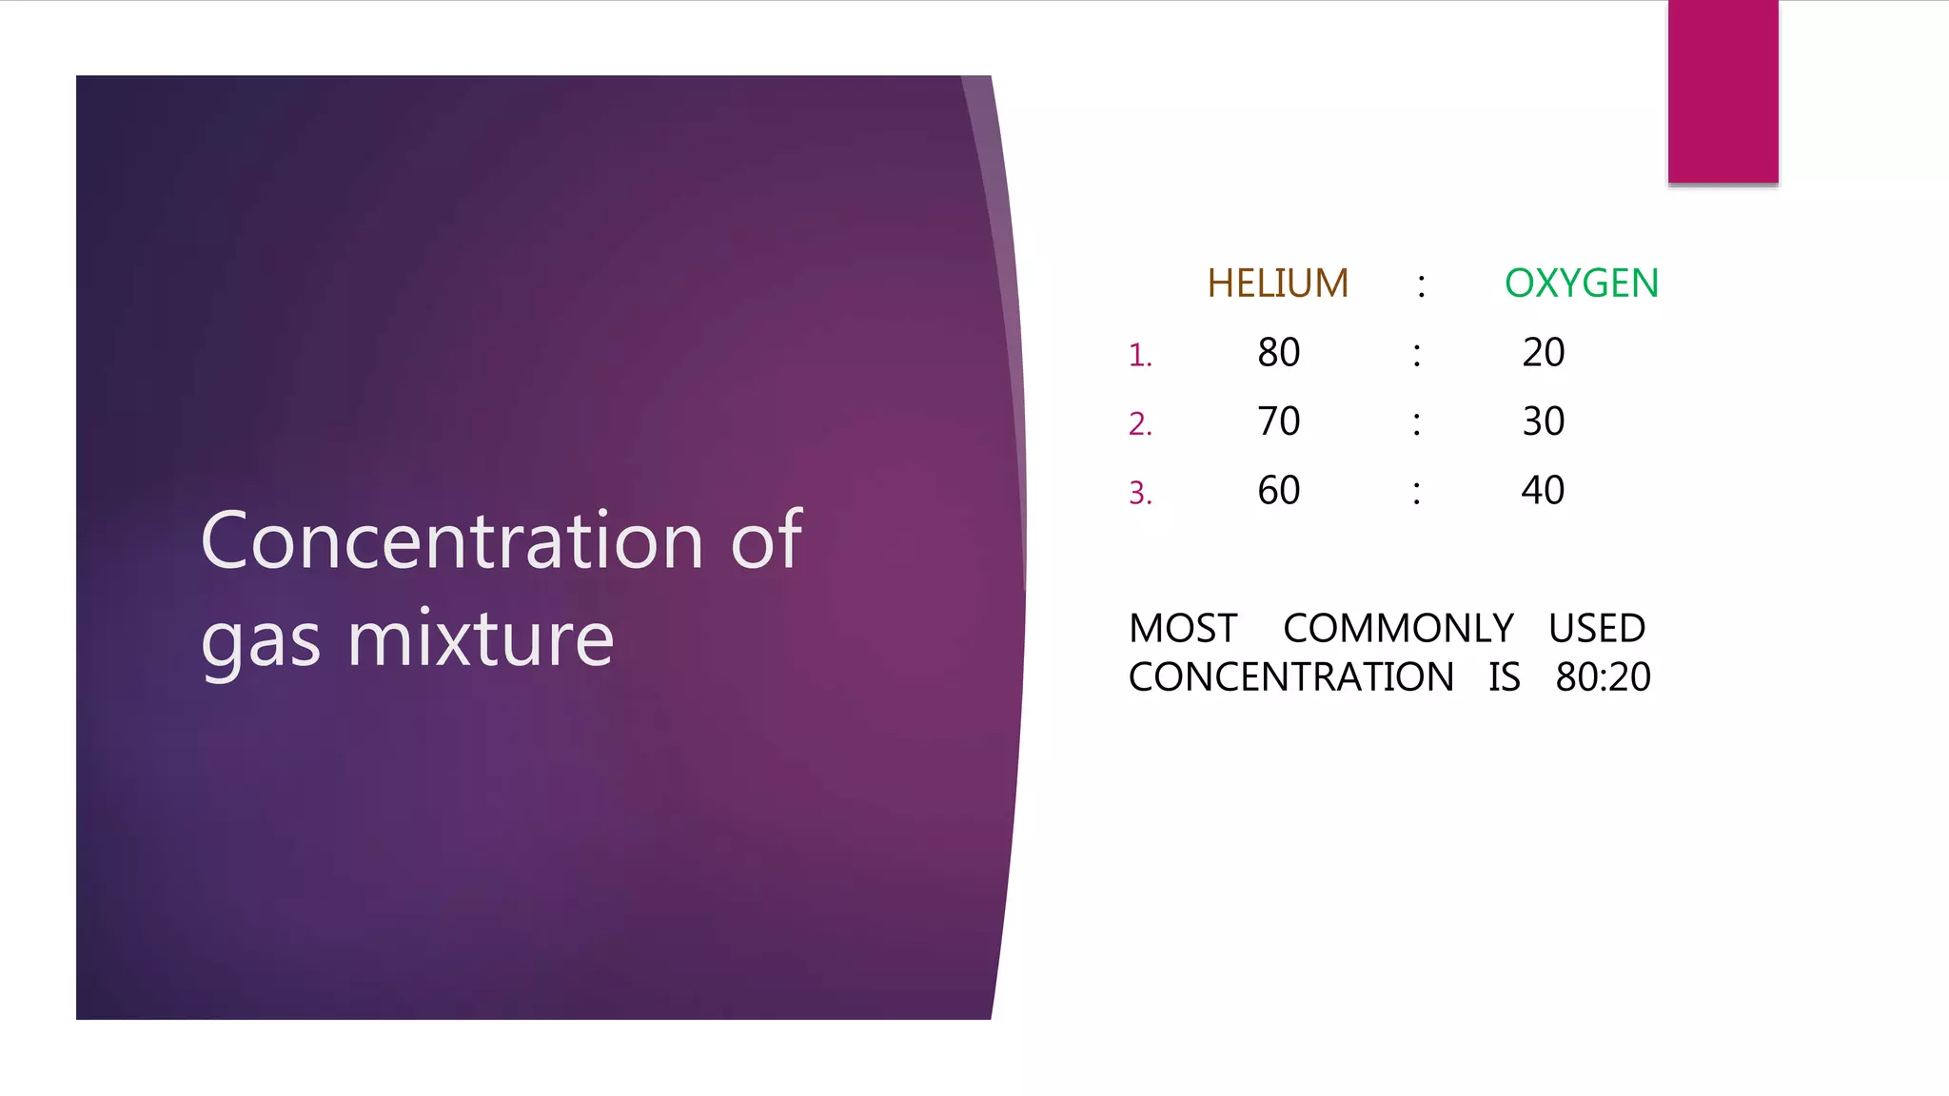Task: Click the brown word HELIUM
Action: pyautogui.click(x=1277, y=284)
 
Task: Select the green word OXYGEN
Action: pyautogui.click(x=1581, y=284)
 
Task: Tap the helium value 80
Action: pyautogui.click(x=1278, y=353)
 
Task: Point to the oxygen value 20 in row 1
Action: pyautogui.click(x=1543, y=353)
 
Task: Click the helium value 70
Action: pyautogui.click(x=1278, y=421)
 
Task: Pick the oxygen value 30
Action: pyautogui.click(x=1543, y=421)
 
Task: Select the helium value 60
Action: pyautogui.click(x=1278, y=491)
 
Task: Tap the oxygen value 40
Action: pyautogui.click(x=1543, y=491)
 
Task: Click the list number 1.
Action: pyautogui.click(x=1139, y=356)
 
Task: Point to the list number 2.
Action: pyautogui.click(x=1139, y=424)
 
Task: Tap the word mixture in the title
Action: pyautogui.click(x=481, y=639)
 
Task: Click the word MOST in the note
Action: pyautogui.click(x=1183, y=629)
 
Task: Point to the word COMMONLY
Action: pyautogui.click(x=1398, y=629)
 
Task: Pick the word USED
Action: pyautogui.click(x=1596, y=629)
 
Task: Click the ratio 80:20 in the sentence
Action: pyautogui.click(x=1603, y=677)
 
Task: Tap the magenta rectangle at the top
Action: pyautogui.click(x=1723, y=91)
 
